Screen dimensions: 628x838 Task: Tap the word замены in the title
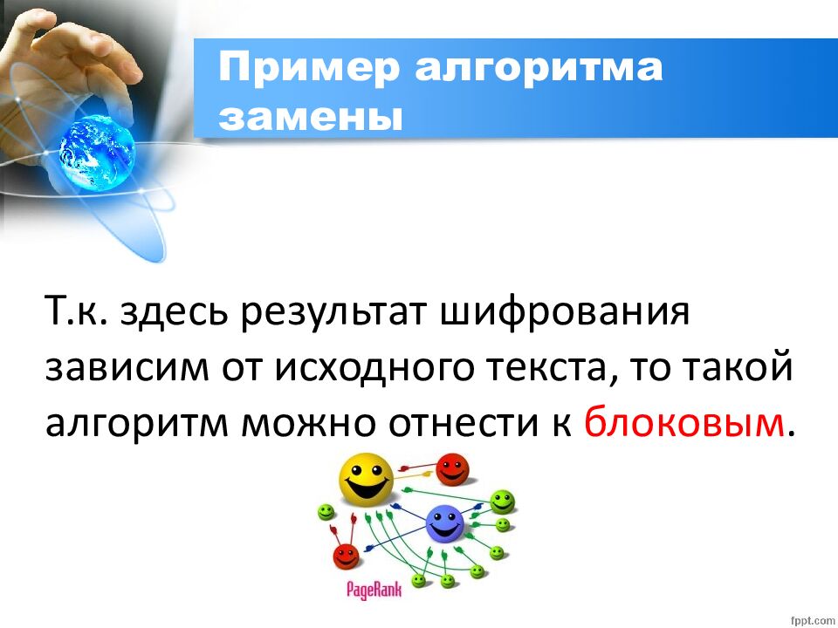point(311,117)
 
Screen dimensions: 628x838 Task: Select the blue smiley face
point(446,526)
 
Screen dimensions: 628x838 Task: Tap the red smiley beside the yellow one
point(452,470)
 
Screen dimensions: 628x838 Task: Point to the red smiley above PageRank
point(347,556)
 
